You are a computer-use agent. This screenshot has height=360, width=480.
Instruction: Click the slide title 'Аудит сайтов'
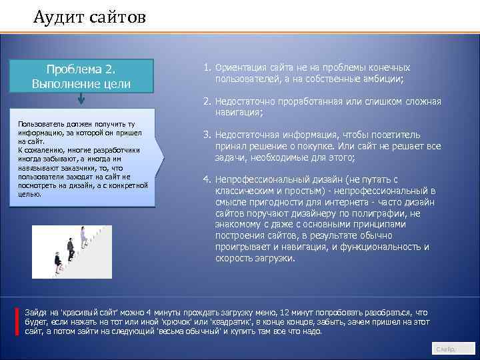89,15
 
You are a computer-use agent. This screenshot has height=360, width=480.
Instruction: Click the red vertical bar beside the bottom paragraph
17,321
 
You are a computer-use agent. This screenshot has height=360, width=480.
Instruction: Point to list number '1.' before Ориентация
207,68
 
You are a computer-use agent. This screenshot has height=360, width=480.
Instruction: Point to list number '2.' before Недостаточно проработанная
207,101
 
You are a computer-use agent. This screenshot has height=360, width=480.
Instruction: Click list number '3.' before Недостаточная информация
207,135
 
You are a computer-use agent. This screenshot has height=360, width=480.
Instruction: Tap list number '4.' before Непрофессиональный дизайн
207,180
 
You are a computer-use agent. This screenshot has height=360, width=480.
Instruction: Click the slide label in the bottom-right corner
445,349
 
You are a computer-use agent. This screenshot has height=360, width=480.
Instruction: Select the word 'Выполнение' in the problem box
59,84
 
